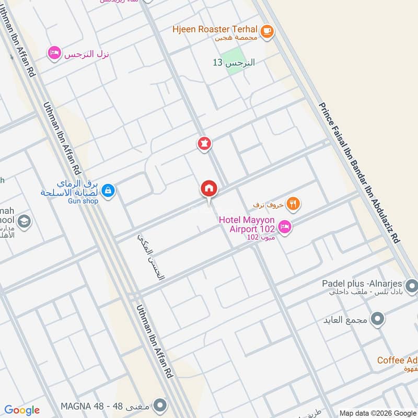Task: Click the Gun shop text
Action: pyautogui.click(x=83, y=201)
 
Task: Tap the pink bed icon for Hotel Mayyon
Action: pyautogui.click(x=285, y=226)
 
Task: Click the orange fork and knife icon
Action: pyautogui.click(x=294, y=204)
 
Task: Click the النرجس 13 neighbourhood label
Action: pyautogui.click(x=234, y=63)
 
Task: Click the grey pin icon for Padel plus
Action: pyautogui.click(x=411, y=286)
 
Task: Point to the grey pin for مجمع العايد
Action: pyautogui.click(x=378, y=318)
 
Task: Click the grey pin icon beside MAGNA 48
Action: pyautogui.click(x=161, y=405)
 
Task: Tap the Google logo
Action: pyautogui.click(x=21, y=410)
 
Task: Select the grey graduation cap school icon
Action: pyautogui.click(x=24, y=222)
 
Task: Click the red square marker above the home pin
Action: pyautogui.click(x=204, y=143)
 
